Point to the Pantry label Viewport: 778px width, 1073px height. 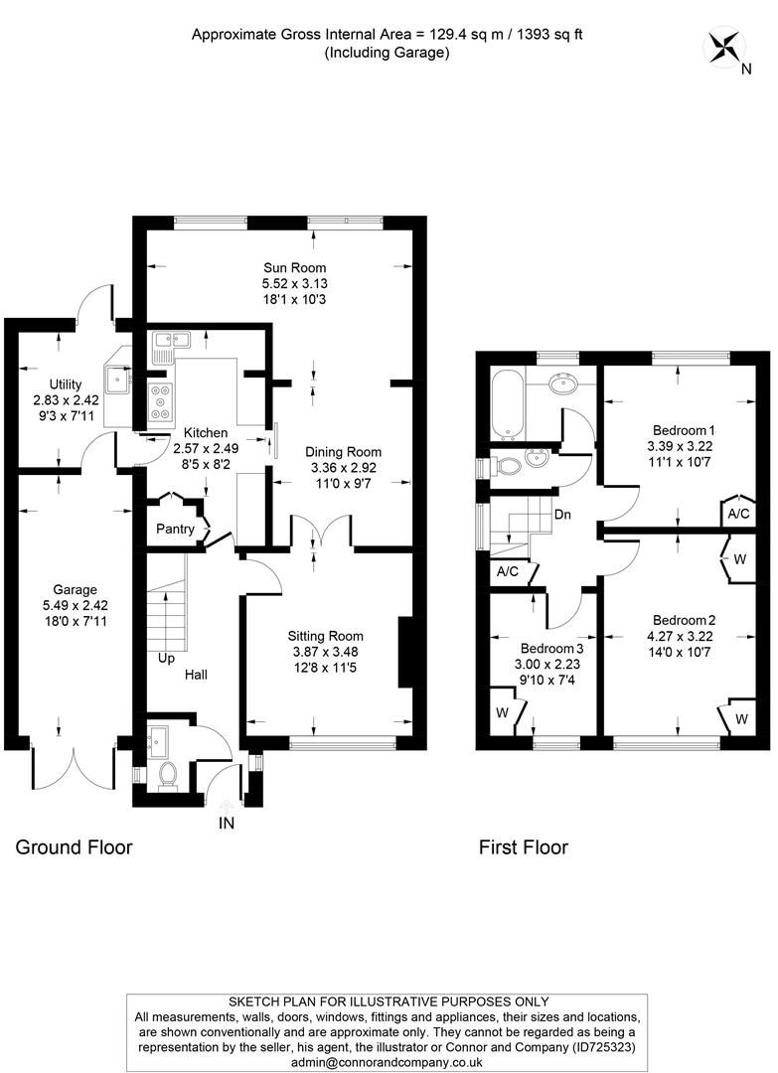pos(175,529)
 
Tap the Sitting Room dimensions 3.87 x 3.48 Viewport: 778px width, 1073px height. pos(325,654)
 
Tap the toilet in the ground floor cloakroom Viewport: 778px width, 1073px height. pos(167,772)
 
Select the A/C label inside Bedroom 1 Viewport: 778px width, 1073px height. pos(737,515)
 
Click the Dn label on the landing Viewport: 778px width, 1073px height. pos(562,515)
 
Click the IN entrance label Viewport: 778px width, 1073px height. pos(228,823)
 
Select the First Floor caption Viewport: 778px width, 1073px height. pos(524,847)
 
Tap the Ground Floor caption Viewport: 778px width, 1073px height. pos(74,847)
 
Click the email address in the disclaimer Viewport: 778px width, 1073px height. pos(388,1063)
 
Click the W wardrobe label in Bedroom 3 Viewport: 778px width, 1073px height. pos(502,713)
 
